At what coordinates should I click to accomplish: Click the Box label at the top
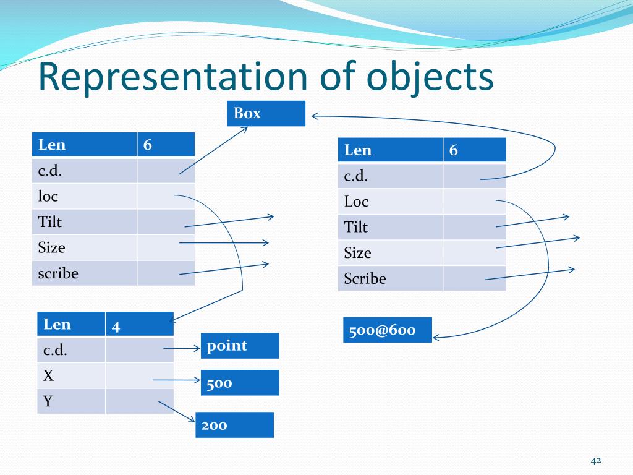(266, 113)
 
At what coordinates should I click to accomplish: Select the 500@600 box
(387, 330)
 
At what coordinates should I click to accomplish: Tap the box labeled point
(240, 346)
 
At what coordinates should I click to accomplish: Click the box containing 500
(240, 383)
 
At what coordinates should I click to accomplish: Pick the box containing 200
(234, 425)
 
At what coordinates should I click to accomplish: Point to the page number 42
(596, 461)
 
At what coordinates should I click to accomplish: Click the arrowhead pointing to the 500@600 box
(436, 337)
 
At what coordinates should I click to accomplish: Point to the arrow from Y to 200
(176, 413)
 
